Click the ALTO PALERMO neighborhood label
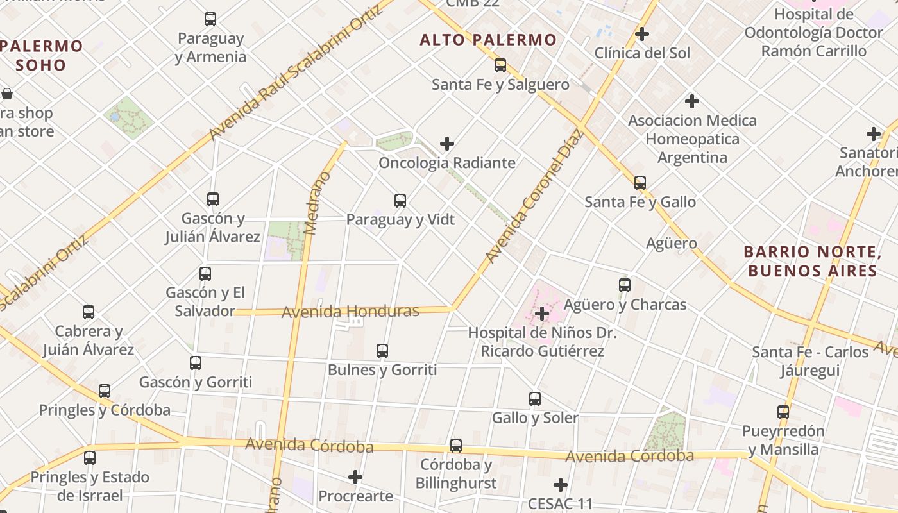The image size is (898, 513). (488, 40)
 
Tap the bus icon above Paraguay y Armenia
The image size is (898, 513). (210, 19)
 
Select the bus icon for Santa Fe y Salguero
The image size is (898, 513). (500, 65)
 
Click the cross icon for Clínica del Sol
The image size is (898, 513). (642, 34)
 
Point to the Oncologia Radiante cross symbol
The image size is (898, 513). (447, 144)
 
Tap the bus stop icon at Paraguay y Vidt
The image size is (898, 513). (400, 201)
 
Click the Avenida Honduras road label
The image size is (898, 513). (350, 312)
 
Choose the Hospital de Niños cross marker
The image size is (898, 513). (542, 314)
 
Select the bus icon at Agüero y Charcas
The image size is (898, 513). (625, 285)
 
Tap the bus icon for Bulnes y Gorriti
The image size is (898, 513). (382, 351)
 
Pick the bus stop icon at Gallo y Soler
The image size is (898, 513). (535, 399)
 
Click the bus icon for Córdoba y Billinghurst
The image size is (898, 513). (456, 446)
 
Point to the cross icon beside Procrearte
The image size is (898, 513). (355, 477)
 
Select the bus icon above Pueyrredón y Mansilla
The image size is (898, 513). (783, 412)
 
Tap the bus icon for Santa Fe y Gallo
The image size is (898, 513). (640, 183)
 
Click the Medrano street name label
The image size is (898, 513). (318, 203)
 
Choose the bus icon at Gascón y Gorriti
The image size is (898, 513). (196, 363)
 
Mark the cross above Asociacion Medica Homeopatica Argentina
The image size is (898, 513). (692, 101)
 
